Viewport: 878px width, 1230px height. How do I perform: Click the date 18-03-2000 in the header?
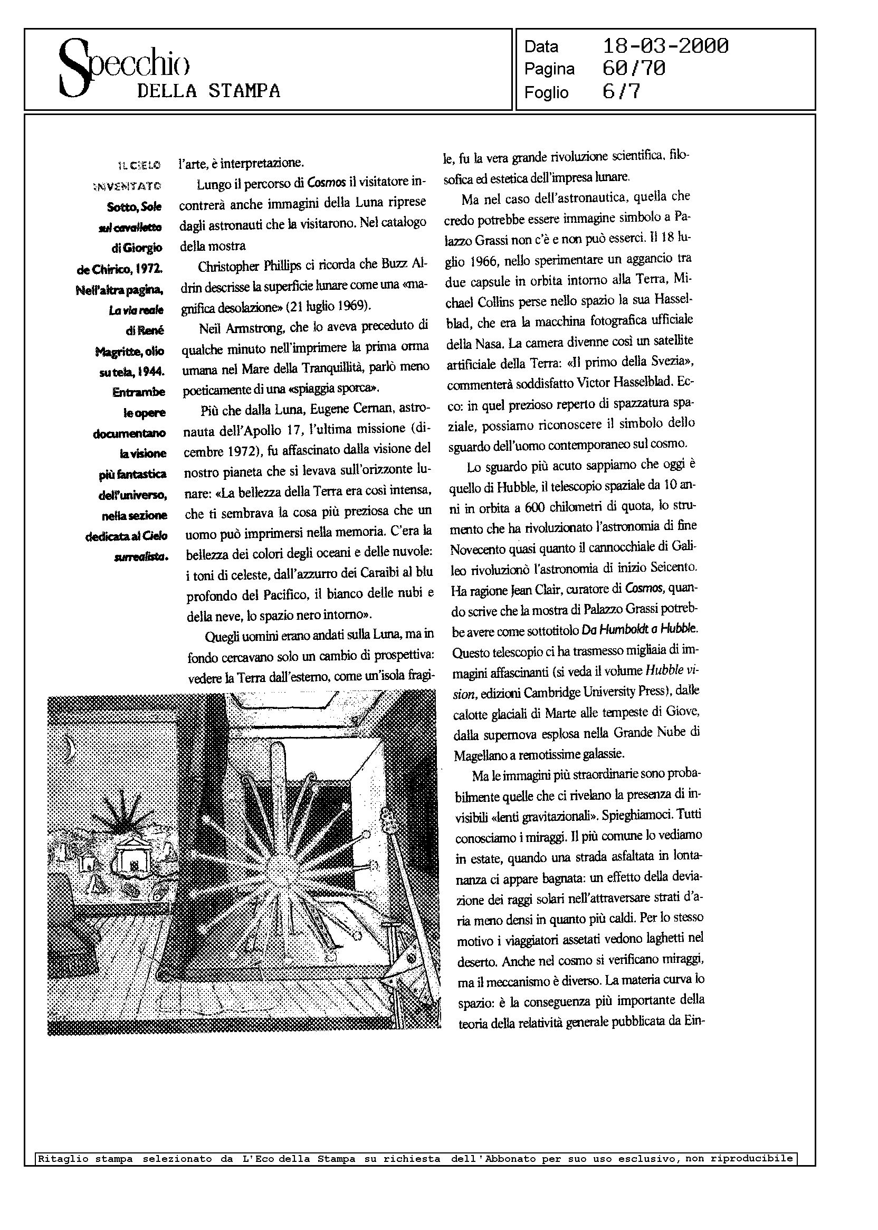click(665, 46)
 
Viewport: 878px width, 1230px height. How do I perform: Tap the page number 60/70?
click(634, 69)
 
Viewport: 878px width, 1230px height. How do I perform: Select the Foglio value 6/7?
click(621, 92)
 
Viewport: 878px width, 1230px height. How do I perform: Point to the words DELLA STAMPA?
click(209, 91)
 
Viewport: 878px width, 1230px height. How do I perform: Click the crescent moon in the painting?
click(69, 748)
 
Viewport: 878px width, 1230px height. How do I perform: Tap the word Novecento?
click(478, 549)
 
